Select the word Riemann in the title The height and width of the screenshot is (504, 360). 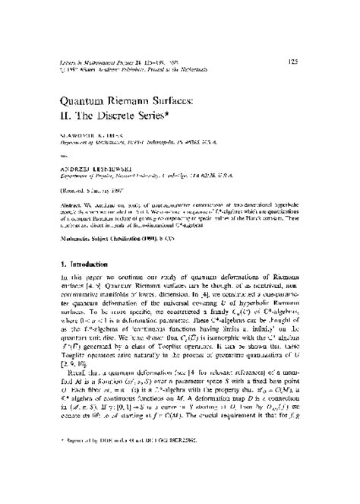[x=156, y=100]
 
